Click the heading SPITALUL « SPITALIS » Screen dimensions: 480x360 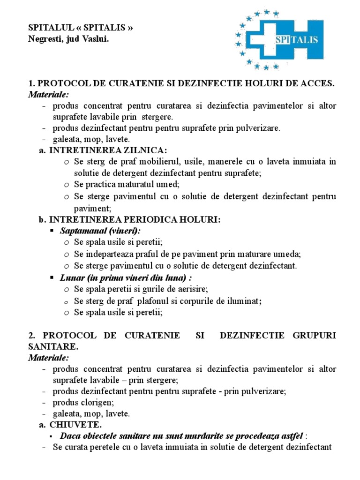(x=81, y=28)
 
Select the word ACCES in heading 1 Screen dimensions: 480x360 (x=316, y=83)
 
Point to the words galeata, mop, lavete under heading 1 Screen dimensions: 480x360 (x=91, y=139)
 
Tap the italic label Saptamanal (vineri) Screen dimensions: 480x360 (x=100, y=231)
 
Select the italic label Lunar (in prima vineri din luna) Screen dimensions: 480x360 (x=127, y=277)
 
